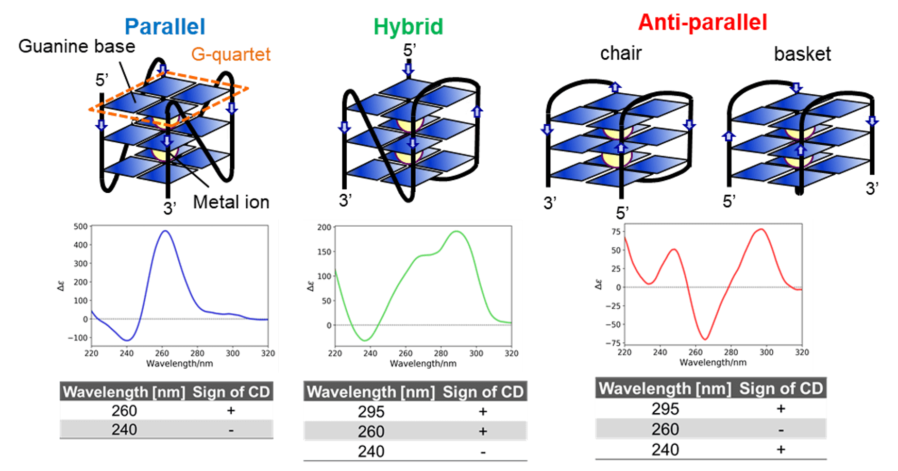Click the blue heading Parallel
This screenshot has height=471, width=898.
[x=165, y=27]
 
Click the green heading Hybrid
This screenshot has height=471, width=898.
[x=408, y=27]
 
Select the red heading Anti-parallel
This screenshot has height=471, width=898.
[x=703, y=23]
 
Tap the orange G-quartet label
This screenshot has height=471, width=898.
[x=231, y=54]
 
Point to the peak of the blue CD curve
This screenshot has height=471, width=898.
[x=165, y=231]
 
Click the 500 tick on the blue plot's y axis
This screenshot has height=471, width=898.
[x=80, y=226]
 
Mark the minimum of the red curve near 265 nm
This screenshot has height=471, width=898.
[x=705, y=339]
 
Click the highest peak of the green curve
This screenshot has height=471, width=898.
[x=457, y=231]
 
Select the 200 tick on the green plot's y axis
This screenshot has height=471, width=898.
[x=324, y=227]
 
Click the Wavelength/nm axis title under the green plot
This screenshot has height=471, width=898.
[x=423, y=363]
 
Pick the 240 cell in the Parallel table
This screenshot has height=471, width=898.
[x=124, y=429]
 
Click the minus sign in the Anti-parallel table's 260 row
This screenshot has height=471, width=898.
[x=781, y=430]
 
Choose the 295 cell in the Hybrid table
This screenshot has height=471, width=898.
[x=371, y=412]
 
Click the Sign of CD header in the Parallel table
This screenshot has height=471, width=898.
[x=231, y=392]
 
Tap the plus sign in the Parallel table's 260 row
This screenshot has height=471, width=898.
[x=231, y=411]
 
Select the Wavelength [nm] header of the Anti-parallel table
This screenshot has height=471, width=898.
[x=665, y=388]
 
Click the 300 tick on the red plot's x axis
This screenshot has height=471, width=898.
[x=766, y=352]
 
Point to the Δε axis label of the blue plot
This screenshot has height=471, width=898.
[x=61, y=285]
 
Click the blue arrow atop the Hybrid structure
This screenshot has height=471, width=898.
[x=409, y=69]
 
